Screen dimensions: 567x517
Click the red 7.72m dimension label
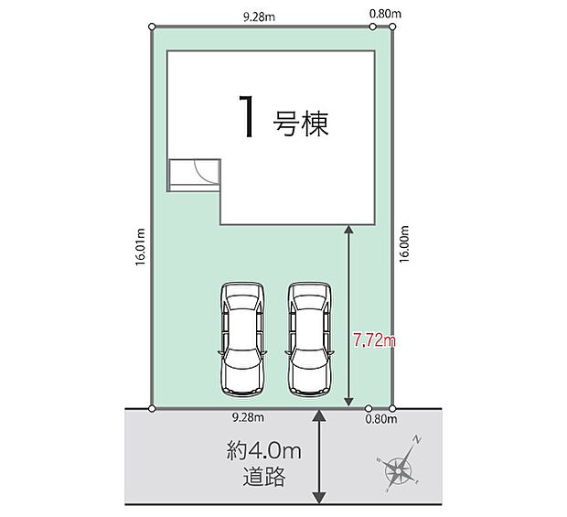pyautogui.click(x=374, y=340)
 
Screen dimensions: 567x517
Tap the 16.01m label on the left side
pyautogui.click(x=140, y=247)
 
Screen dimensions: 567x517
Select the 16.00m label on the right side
pyautogui.click(x=404, y=243)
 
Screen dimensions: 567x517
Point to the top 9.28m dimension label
pyautogui.click(x=259, y=17)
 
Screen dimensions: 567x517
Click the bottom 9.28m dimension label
pyautogui.click(x=248, y=417)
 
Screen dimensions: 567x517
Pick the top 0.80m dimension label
pyautogui.click(x=386, y=14)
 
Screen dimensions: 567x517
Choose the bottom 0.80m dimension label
pyautogui.click(x=381, y=419)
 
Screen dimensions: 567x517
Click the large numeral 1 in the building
pyautogui.click(x=247, y=116)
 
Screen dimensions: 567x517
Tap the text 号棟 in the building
pyautogui.click(x=301, y=124)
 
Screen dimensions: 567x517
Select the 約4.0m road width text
pyautogui.click(x=264, y=451)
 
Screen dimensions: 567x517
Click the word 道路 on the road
pyautogui.click(x=264, y=477)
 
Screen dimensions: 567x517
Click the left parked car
pyautogui.click(x=242, y=339)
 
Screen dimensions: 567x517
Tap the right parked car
pyautogui.click(x=309, y=339)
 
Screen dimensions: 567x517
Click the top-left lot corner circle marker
pyautogui.click(x=152, y=27)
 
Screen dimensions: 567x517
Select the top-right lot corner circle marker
pyautogui.click(x=392, y=27)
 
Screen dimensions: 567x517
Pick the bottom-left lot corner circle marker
pyautogui.click(x=152, y=409)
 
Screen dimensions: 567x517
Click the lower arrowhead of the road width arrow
pyautogui.click(x=319, y=498)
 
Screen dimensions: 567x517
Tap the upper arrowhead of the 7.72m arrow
pyautogui.click(x=348, y=230)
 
